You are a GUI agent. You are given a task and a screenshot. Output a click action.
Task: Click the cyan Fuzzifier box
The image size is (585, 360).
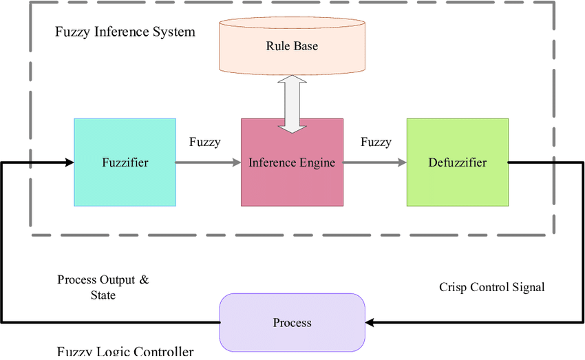pos(125,162)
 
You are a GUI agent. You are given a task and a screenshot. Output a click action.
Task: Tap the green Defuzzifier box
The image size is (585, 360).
pos(458,162)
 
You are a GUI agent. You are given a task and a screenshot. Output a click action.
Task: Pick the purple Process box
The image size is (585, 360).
pos(292,323)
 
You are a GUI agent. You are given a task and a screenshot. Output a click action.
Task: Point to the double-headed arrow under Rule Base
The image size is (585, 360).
pos(292,103)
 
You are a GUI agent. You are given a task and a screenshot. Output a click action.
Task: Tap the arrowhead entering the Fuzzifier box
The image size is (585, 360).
pos(69,162)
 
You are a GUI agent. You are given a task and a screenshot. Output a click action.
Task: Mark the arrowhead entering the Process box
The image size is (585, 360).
pos(370,322)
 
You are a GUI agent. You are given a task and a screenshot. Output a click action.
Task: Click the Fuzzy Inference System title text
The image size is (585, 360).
pos(125,32)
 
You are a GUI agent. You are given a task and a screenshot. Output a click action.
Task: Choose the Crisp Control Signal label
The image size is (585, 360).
pos(491,287)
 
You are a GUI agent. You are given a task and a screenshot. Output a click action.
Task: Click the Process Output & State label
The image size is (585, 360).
pos(103,287)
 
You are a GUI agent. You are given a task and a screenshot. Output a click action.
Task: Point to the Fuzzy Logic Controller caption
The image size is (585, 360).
pos(125,352)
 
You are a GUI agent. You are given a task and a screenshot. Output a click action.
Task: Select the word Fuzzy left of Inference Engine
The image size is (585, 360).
pos(205,142)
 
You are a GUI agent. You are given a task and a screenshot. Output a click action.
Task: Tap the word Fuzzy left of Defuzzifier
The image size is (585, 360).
pos(376,142)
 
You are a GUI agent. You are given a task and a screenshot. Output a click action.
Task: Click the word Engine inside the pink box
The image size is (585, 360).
pos(317,163)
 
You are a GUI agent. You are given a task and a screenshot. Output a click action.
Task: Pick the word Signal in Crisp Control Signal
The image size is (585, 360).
pos(526,287)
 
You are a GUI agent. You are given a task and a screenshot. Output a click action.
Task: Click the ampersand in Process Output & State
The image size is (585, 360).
pos(144,280)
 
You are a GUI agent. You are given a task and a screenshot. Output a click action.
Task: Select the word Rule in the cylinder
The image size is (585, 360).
pos(277,46)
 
